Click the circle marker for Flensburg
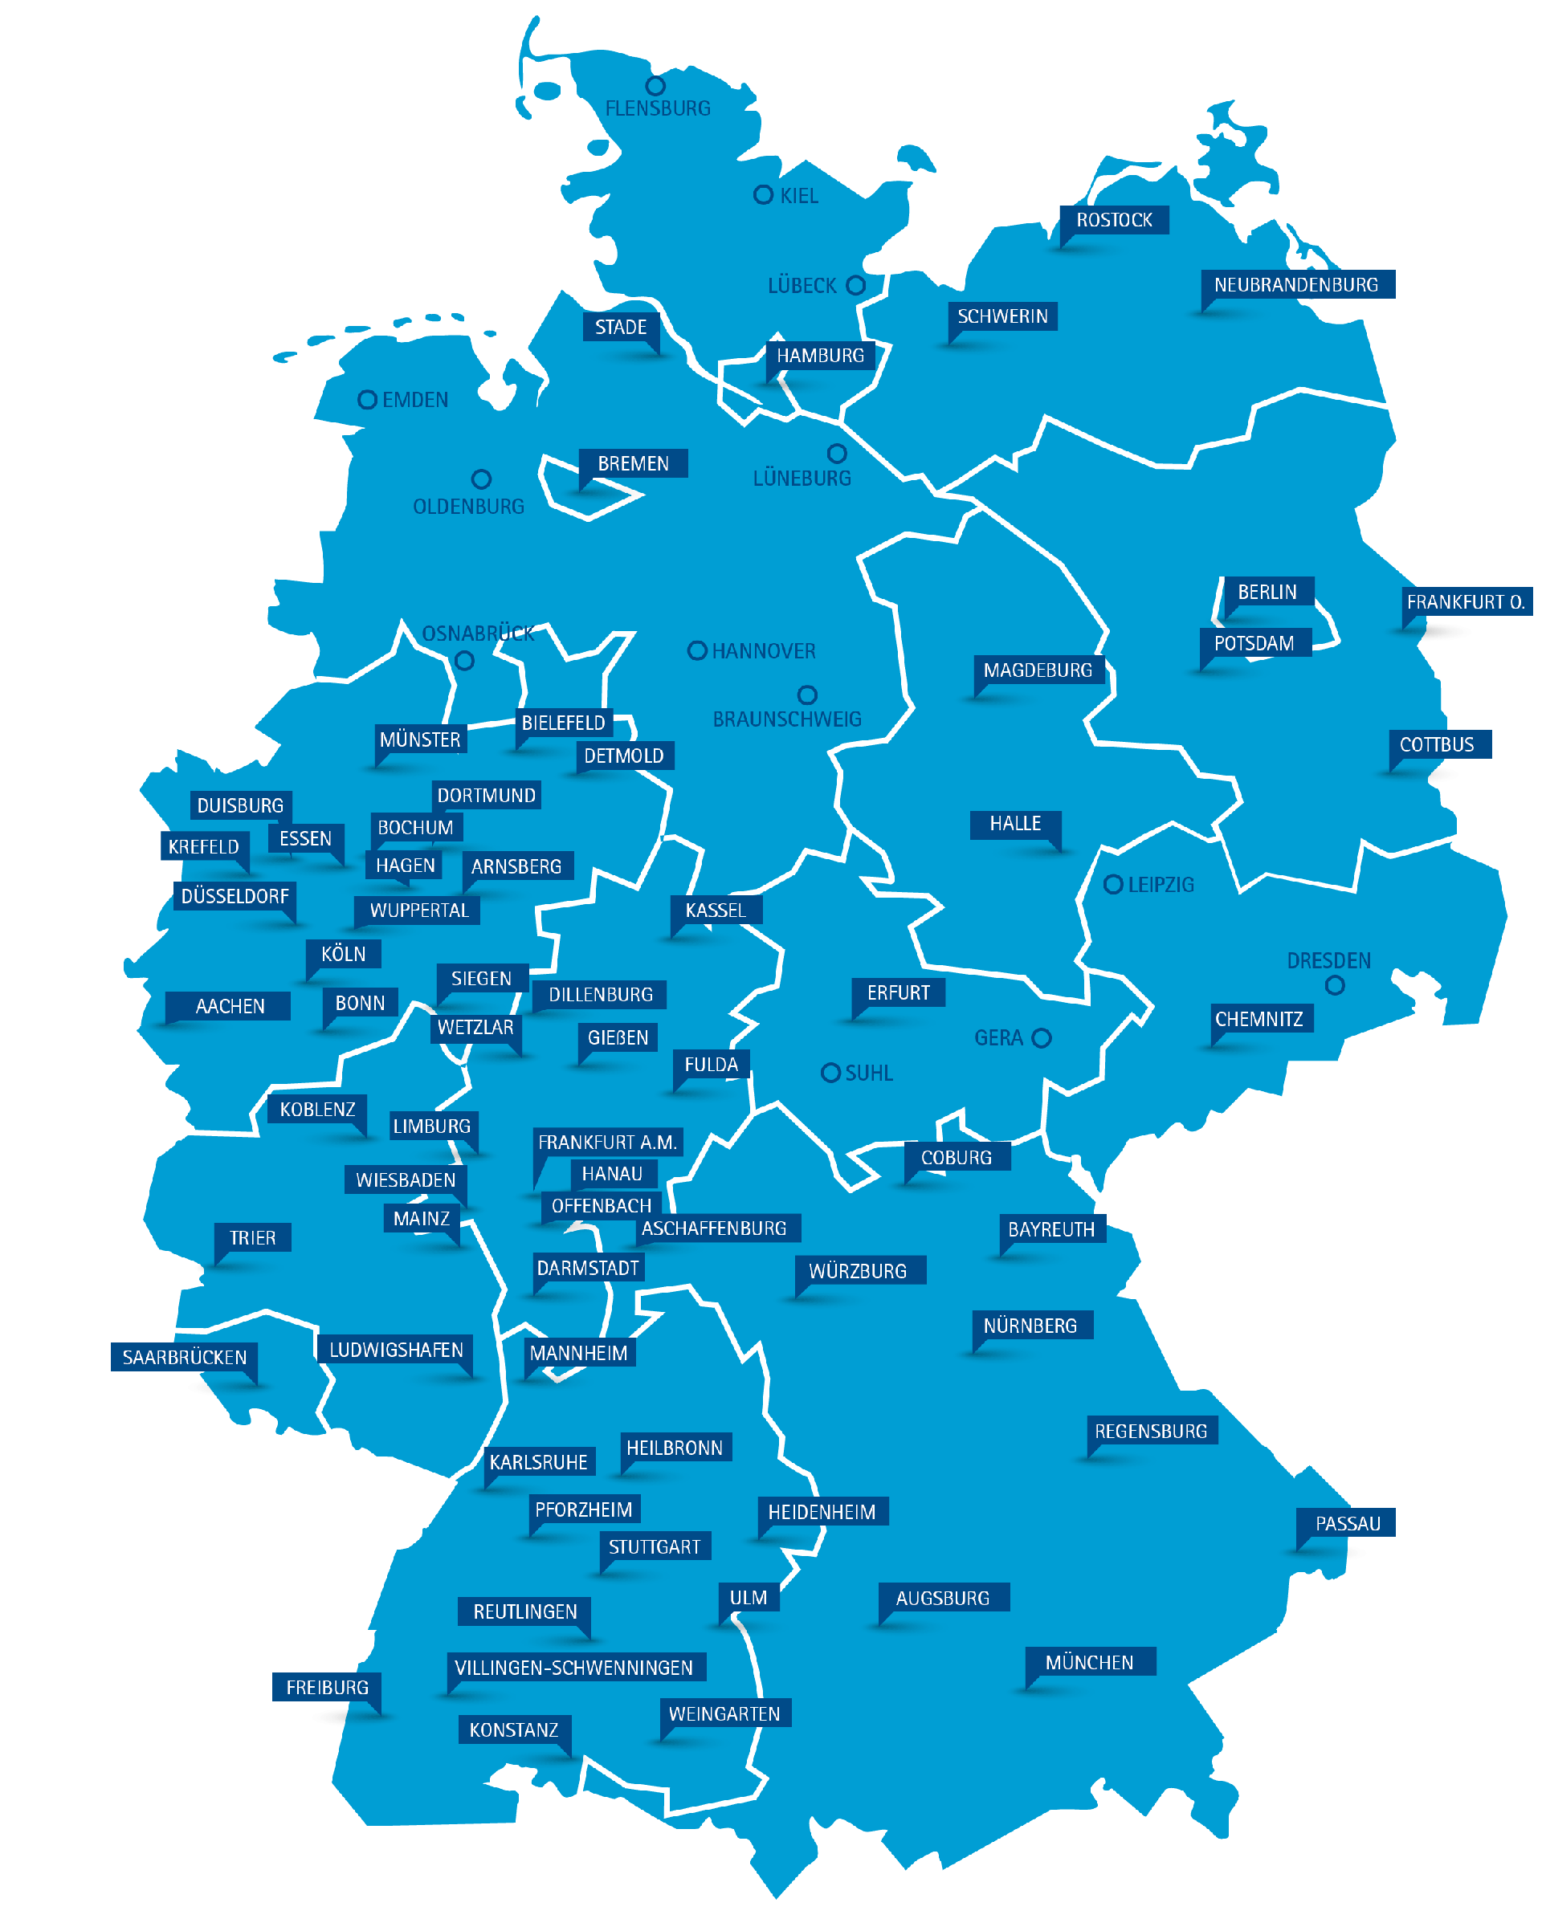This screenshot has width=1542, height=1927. [655, 86]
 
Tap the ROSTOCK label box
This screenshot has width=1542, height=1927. [1114, 220]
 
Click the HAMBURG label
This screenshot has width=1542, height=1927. [820, 356]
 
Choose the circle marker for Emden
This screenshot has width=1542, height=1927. [366, 400]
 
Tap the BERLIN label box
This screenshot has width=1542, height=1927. [1267, 592]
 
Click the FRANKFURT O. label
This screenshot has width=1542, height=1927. [1465, 601]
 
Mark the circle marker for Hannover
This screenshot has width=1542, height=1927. [696, 650]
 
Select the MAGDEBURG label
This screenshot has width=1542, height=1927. [1037, 670]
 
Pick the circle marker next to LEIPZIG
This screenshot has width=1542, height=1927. [1113, 885]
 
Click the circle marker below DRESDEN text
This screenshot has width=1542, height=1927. [1335, 986]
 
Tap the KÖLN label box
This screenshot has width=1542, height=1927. [343, 954]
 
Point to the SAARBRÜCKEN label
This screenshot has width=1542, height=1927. [184, 1358]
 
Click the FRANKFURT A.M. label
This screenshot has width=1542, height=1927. [607, 1143]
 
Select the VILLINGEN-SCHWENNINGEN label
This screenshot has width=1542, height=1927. [574, 1668]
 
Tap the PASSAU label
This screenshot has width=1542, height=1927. [1347, 1524]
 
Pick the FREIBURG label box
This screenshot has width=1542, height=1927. [327, 1688]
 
